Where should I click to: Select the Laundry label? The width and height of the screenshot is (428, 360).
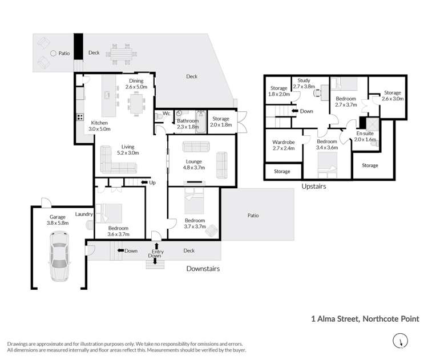[84, 215]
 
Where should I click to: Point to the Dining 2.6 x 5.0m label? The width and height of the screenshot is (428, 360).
[136, 84]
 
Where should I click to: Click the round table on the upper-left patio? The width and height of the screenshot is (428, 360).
[53, 54]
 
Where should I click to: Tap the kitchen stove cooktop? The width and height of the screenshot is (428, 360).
[80, 119]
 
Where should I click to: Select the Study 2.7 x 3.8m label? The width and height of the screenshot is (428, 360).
[304, 84]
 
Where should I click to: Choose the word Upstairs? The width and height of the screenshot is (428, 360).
[314, 186]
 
